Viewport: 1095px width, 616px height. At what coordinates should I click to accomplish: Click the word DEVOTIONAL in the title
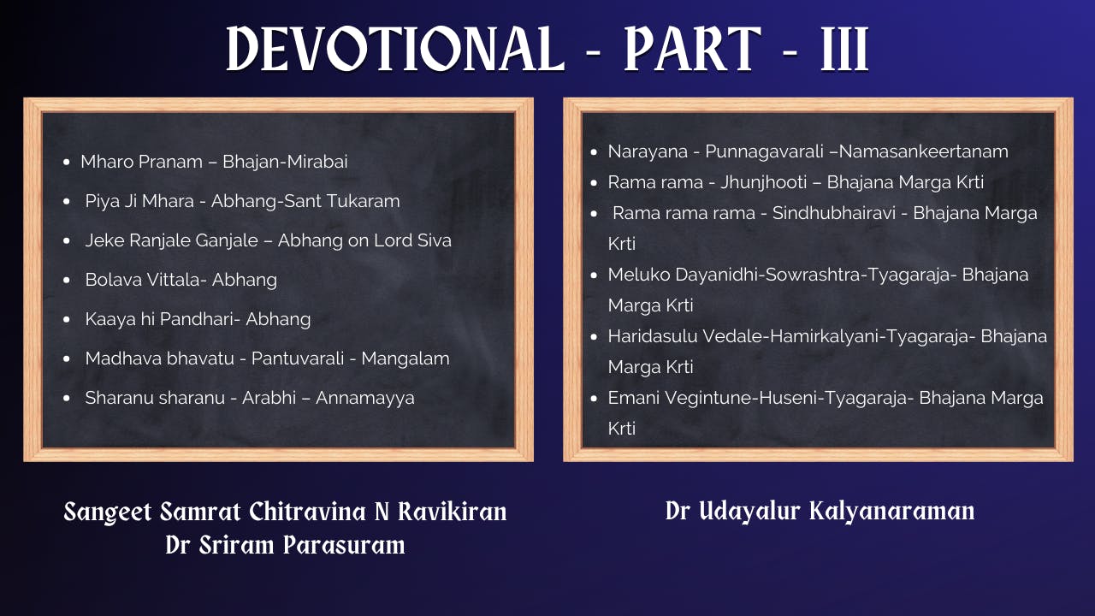[395, 49]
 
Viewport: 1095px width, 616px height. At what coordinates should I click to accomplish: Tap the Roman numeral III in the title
[844, 49]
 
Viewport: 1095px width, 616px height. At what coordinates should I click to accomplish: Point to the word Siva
[435, 240]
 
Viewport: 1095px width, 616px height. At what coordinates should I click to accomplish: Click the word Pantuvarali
[298, 358]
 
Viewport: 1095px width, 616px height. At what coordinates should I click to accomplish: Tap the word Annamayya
[365, 398]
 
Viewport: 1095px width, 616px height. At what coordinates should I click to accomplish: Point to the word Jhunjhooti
[764, 182]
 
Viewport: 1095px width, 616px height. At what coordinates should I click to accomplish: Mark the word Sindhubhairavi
[834, 213]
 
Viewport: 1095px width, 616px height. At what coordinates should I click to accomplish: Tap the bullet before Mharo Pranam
[67, 162]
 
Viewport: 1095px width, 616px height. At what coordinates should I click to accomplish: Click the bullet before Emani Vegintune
[594, 398]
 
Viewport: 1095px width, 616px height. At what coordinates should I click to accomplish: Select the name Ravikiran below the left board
[453, 512]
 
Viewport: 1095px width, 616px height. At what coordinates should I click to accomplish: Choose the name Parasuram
[344, 545]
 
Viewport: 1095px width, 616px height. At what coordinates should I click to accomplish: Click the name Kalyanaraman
[891, 512]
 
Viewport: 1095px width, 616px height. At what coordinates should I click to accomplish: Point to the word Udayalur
[751, 512]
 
